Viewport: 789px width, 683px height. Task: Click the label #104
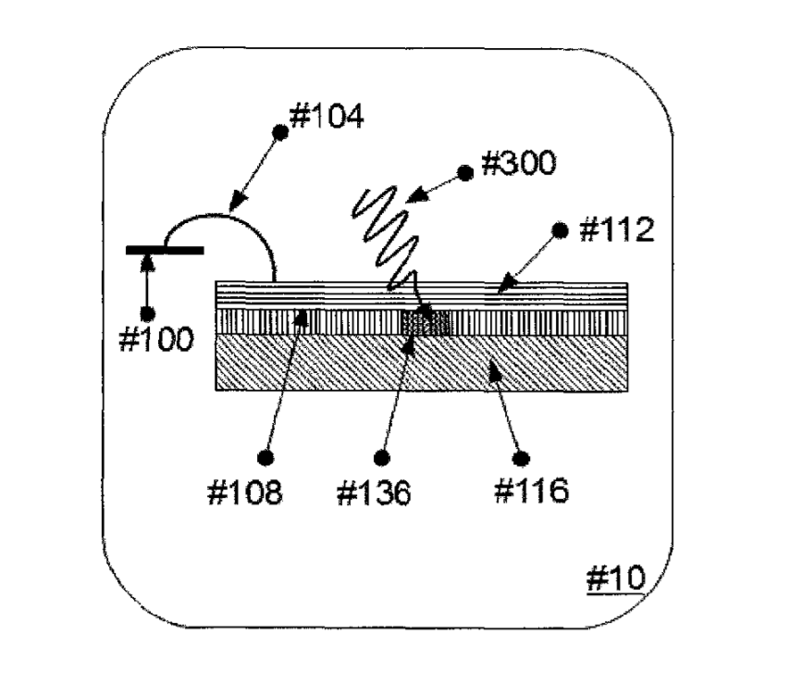pos(327,118)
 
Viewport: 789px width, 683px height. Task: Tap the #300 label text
pos(518,165)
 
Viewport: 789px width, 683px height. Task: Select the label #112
pos(616,230)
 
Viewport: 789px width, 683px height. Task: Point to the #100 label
pos(157,340)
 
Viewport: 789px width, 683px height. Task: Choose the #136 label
pos(374,491)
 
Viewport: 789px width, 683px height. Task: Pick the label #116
pos(530,491)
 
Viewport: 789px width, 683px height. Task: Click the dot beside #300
pos(466,172)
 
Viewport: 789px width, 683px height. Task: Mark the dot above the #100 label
pos(146,313)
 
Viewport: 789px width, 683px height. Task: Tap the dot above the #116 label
pos(522,457)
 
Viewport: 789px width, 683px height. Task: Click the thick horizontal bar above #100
pos(166,249)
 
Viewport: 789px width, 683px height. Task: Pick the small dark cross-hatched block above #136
pos(425,322)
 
